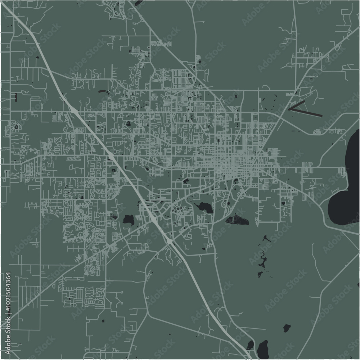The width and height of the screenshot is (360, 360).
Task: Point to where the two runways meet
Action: tap(290, 108)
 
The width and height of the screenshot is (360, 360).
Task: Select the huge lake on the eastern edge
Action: tap(347, 180)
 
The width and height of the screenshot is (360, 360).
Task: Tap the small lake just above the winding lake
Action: tap(266, 238)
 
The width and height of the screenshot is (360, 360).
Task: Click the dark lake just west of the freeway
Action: tap(128, 219)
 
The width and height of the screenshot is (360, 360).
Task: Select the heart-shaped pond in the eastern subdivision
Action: tap(283, 203)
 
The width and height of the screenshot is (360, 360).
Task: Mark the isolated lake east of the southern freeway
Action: tap(287, 328)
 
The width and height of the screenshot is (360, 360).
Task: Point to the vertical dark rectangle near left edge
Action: tap(16, 96)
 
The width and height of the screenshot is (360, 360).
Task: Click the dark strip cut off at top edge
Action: tap(138, 3)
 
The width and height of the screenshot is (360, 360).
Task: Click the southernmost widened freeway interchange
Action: tap(169, 241)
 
